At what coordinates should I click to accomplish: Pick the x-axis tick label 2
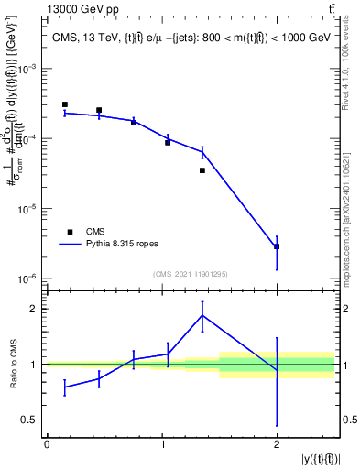(277, 445)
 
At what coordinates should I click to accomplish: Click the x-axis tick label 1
(162, 445)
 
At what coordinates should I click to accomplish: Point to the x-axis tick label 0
(47, 445)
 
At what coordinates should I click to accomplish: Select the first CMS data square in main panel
(65, 104)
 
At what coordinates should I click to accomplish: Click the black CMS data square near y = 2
(277, 246)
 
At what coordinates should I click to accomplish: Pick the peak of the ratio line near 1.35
(202, 315)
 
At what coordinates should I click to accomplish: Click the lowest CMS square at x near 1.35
(202, 170)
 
